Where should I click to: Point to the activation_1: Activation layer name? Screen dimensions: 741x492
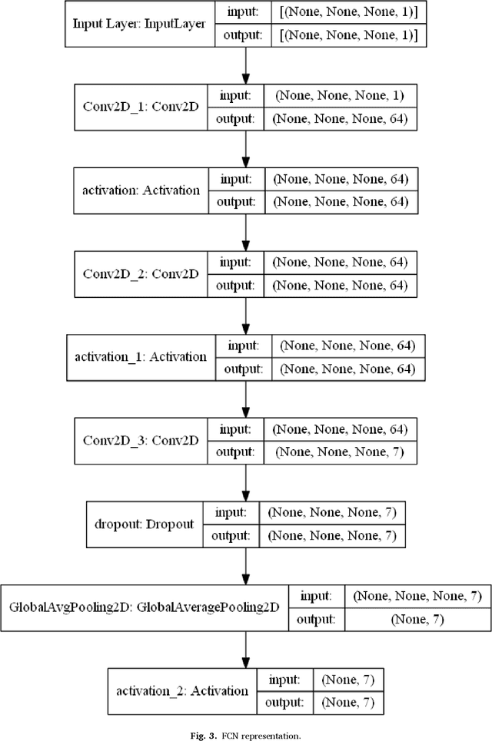click(x=141, y=357)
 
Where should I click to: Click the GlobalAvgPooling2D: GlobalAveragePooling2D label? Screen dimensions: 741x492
click(x=144, y=607)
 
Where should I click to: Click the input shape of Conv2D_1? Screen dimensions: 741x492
click(x=340, y=96)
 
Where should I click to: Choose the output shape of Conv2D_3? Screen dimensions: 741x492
click(x=340, y=451)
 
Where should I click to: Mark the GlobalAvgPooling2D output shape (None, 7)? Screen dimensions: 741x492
click(x=416, y=617)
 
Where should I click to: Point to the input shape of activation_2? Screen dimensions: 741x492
click(x=346, y=680)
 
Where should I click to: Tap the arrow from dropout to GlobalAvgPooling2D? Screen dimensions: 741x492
click(x=245, y=564)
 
